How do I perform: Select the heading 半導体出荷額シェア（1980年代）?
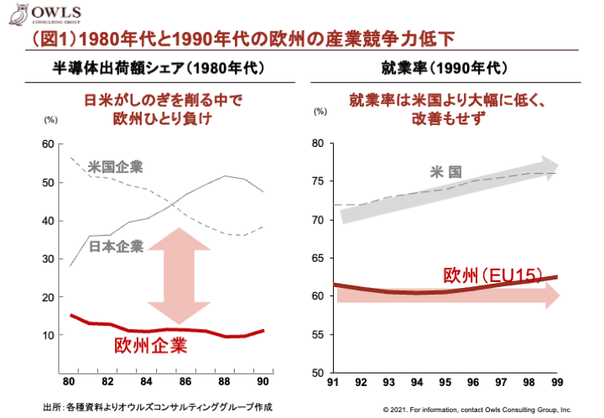(158, 67)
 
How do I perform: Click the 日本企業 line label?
(116, 246)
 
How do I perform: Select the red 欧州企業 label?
(151, 346)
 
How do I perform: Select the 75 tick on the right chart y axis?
(317, 182)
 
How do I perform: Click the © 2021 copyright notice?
(476, 410)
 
